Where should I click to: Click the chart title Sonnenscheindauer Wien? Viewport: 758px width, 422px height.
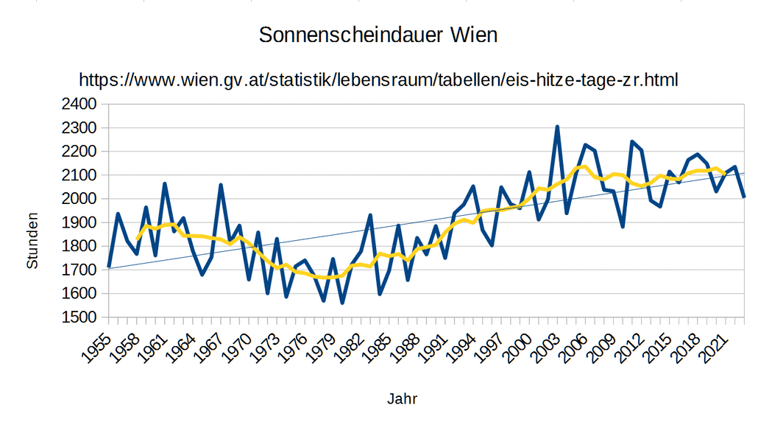coord(378,35)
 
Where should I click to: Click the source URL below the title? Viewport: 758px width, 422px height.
coord(378,80)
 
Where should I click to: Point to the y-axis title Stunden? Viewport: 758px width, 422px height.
coord(32,242)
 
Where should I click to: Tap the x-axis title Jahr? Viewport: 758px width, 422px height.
coord(402,399)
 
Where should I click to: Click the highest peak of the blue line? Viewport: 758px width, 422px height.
coord(557,127)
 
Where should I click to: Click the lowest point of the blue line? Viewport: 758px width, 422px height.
coord(342,303)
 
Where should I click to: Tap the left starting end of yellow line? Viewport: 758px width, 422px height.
coord(136,239)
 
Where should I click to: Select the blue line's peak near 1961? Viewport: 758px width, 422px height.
coord(164,184)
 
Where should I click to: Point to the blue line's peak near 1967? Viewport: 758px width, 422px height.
coord(220,185)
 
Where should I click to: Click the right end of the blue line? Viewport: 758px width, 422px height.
coord(744,197)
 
